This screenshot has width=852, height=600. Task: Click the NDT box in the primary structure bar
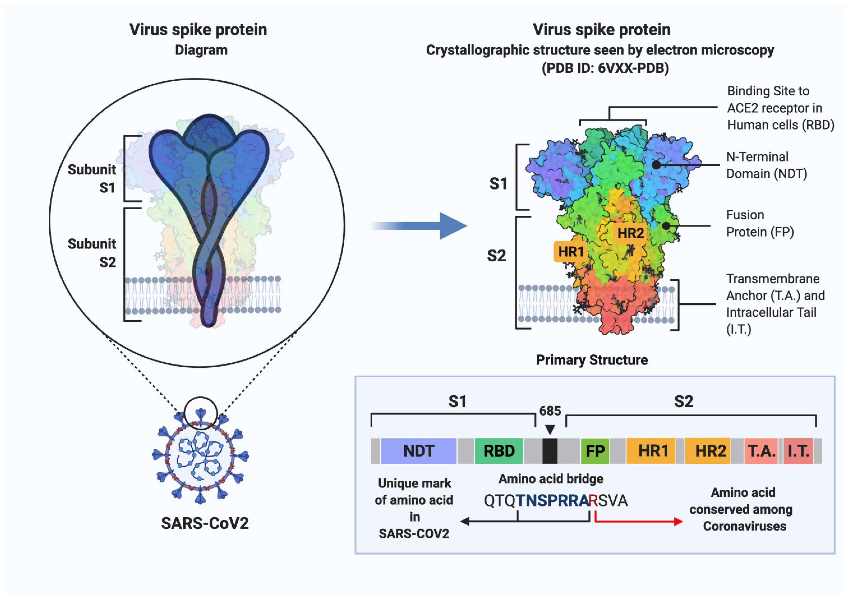pos(419,451)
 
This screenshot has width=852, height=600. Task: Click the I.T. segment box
pos(798,451)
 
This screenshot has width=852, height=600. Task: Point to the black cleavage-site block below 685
pos(550,451)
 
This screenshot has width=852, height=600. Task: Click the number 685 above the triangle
pos(550,411)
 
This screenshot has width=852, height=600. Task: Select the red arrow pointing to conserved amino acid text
pos(638,521)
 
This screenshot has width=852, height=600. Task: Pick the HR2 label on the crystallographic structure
pos(630,233)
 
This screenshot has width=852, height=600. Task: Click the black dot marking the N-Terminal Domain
pos(656,165)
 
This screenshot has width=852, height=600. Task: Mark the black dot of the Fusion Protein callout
pos(666,225)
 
